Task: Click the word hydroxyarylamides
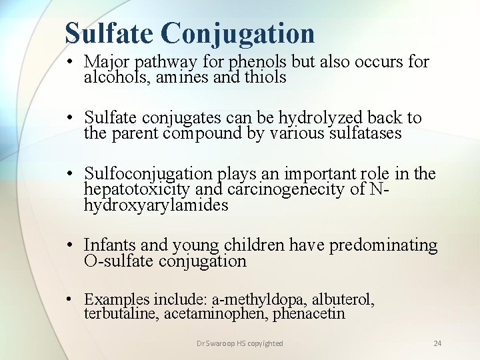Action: (156, 205)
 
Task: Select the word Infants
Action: (111, 245)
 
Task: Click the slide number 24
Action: (437, 343)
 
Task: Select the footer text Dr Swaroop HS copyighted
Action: (239, 343)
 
